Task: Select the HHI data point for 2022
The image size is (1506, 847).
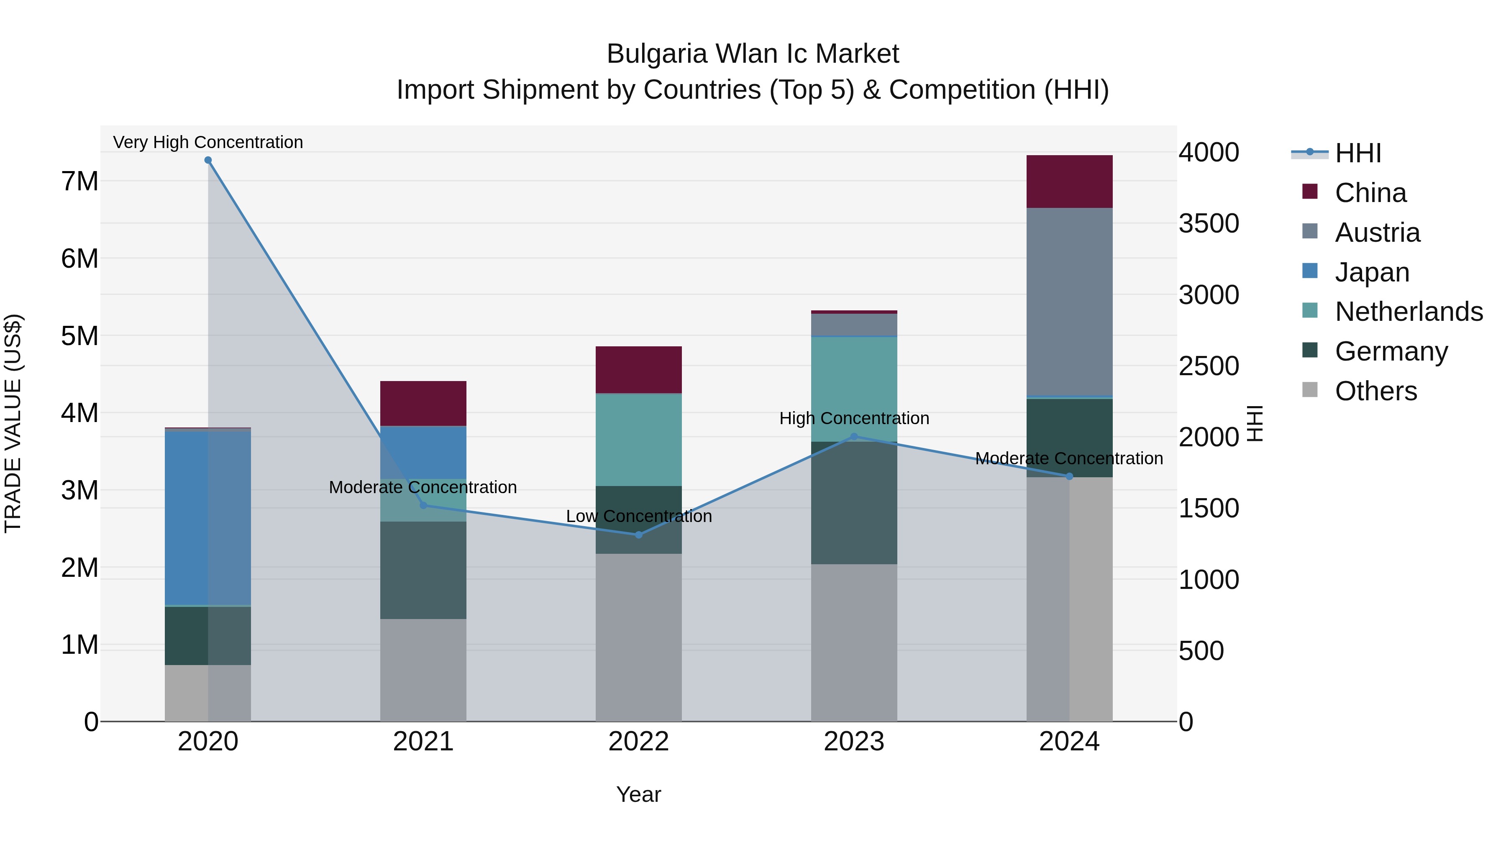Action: (x=638, y=535)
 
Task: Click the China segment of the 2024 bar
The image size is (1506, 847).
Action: (x=1069, y=182)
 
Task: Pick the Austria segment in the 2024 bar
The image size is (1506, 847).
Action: (x=1069, y=302)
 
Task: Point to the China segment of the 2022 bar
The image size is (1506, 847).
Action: (x=638, y=370)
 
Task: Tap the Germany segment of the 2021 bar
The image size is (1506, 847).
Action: (x=423, y=570)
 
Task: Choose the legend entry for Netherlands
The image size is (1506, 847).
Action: (x=1409, y=312)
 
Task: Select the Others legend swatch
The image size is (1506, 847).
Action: (x=1310, y=390)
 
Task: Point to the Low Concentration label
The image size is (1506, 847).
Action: (x=638, y=517)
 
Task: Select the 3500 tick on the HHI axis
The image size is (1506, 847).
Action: (x=1209, y=224)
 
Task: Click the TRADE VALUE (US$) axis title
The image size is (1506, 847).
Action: (x=13, y=423)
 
